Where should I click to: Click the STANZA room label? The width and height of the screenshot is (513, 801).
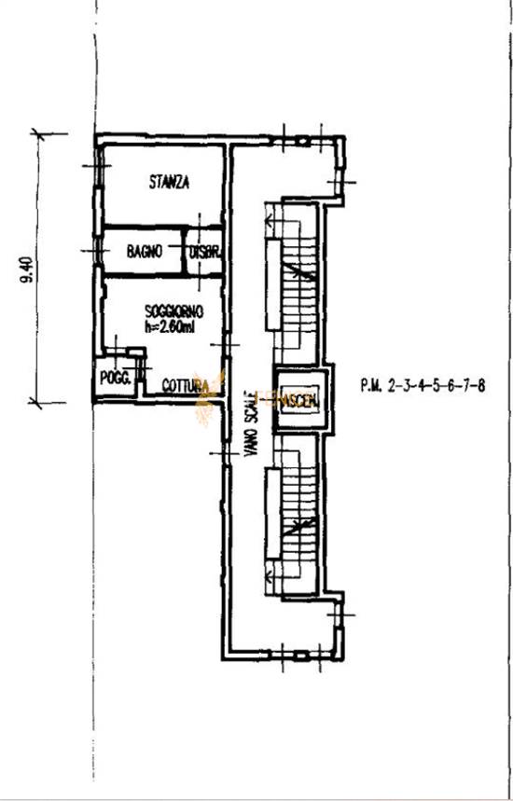[x=169, y=183]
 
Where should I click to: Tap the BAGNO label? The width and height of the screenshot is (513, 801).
[x=145, y=251]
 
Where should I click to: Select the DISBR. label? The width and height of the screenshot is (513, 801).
[x=204, y=252]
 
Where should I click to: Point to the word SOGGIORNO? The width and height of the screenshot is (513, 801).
[x=173, y=311]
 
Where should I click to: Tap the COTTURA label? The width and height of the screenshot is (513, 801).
[x=183, y=385]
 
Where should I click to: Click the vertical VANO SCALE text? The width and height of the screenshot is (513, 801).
[x=249, y=425]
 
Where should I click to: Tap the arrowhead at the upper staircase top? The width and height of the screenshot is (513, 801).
[x=270, y=222]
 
